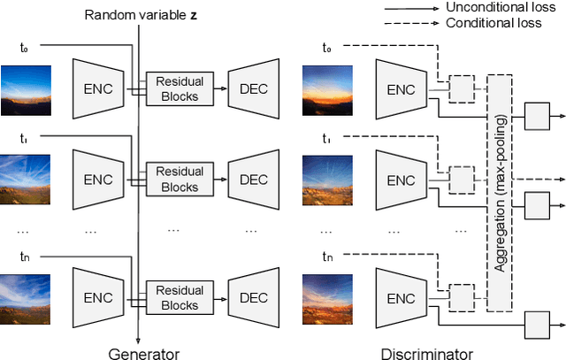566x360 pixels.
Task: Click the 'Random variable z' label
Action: [x=138, y=15]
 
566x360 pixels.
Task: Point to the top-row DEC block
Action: [x=254, y=89]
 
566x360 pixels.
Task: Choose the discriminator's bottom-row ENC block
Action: [x=402, y=296]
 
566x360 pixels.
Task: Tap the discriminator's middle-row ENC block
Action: [x=402, y=180]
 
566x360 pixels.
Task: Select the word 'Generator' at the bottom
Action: [x=143, y=353]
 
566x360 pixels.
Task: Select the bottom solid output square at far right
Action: [x=536, y=324]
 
